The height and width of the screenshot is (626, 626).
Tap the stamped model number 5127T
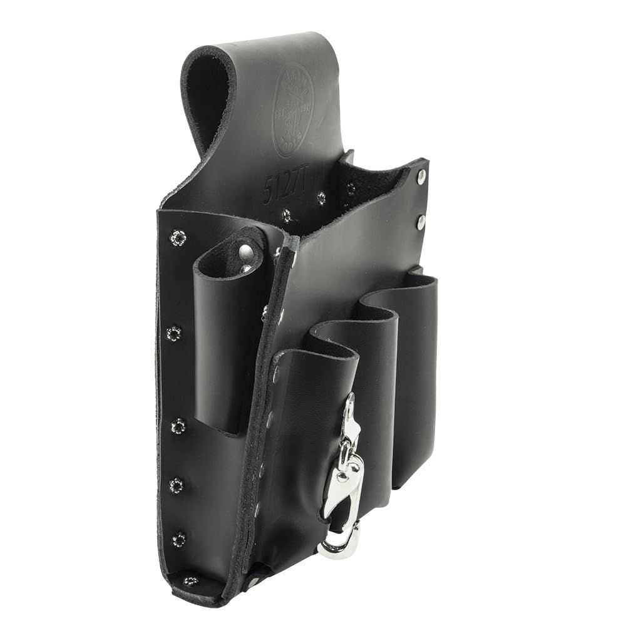coord(329,185)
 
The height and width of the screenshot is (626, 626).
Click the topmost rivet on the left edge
coord(179,237)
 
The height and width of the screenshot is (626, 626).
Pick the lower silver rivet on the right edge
coord(421,220)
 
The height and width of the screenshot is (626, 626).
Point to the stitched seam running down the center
coord(263,407)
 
